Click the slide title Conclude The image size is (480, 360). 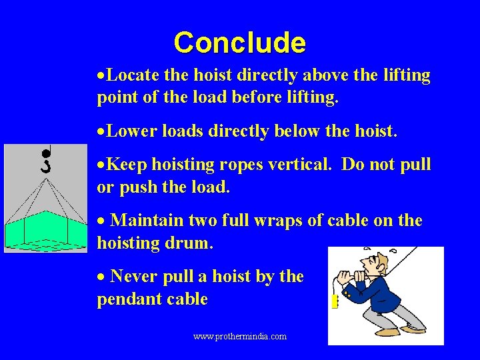239,43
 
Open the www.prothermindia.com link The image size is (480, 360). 240,337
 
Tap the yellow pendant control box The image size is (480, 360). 335,302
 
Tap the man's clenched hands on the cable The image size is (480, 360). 350,280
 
